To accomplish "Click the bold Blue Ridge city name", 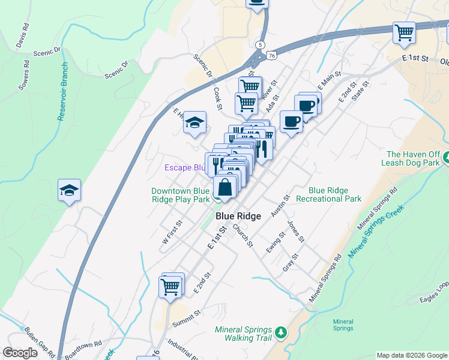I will [238, 217].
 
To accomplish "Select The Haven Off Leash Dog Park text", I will [414, 158].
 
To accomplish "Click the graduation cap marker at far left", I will [69, 191].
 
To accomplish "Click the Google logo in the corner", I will [20, 353].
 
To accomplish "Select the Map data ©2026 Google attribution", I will [411, 355].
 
